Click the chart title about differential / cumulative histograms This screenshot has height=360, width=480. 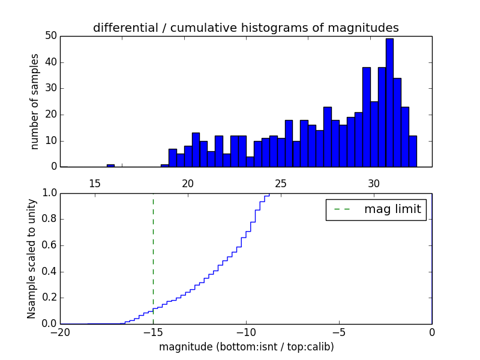[245, 28]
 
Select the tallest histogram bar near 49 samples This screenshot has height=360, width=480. [389, 102]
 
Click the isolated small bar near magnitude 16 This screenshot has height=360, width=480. [110, 165]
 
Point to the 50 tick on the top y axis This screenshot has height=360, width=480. [51, 36]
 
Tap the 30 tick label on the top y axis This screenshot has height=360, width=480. [51, 88]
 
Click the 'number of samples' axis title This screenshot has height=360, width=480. [35, 101]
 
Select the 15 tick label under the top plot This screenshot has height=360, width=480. [94, 183]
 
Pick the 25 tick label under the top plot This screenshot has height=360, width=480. [281, 183]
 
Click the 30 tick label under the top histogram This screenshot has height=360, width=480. [374, 183]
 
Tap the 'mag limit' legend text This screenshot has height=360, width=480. [392, 209]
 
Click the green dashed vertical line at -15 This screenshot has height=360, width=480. [153, 252]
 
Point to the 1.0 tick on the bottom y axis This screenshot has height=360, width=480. [50, 193]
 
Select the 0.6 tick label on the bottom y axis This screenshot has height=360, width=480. [50, 245]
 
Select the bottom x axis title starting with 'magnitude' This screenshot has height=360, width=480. [246, 347]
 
